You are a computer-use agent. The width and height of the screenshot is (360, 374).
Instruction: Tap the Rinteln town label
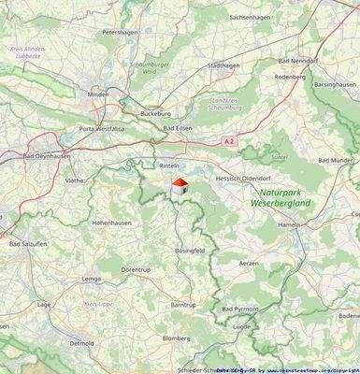coord(169,165)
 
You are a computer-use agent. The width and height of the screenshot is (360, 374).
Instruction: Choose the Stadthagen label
coord(223,65)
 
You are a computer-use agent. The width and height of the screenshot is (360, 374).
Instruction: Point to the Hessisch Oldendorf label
coord(242,178)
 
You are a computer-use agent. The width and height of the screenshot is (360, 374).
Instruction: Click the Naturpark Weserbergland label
coord(284,196)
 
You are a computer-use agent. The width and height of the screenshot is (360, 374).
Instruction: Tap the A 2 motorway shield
coord(229,140)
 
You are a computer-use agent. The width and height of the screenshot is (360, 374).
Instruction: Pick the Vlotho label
coord(74,180)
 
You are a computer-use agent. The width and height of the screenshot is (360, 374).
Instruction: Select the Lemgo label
coord(91,279)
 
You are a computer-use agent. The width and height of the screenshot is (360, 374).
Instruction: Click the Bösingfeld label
coord(190,252)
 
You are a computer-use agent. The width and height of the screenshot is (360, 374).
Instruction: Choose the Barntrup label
coord(184,305)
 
